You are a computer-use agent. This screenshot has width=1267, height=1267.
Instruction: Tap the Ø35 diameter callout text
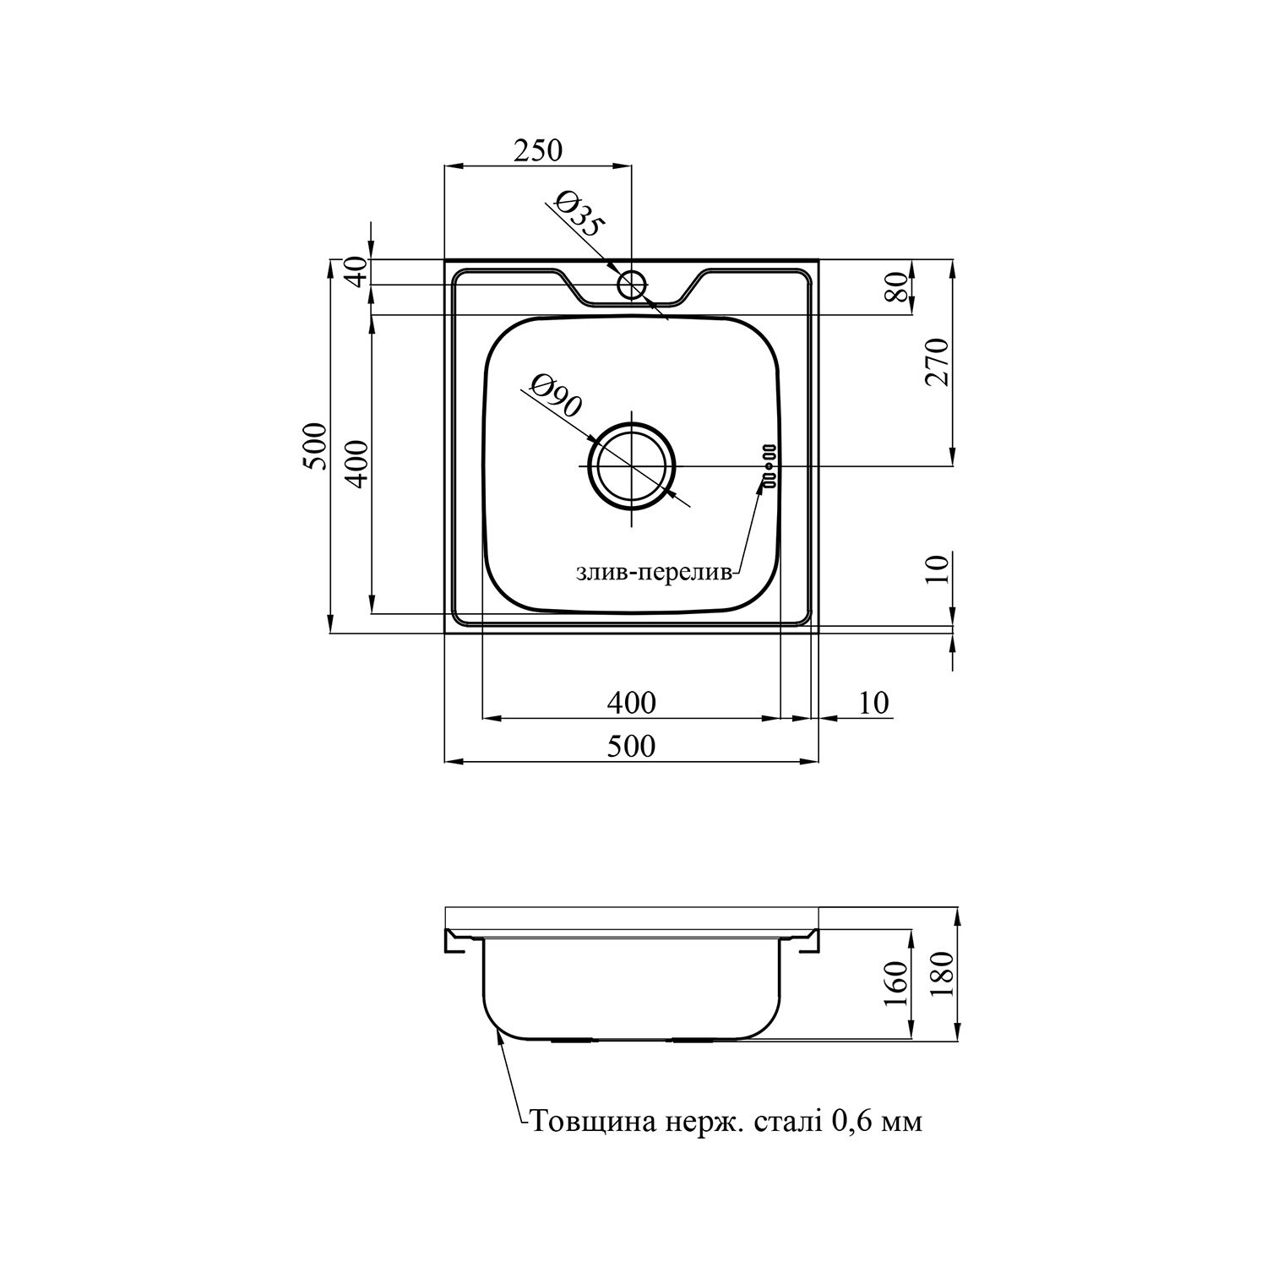click(x=579, y=214)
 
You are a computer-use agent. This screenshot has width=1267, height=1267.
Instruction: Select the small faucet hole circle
click(x=631, y=285)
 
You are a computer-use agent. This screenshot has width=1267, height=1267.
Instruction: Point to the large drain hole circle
click(x=633, y=466)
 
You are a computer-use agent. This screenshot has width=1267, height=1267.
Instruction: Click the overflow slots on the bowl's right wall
click(x=769, y=466)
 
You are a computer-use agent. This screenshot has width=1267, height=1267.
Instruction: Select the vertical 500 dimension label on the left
click(x=313, y=446)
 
